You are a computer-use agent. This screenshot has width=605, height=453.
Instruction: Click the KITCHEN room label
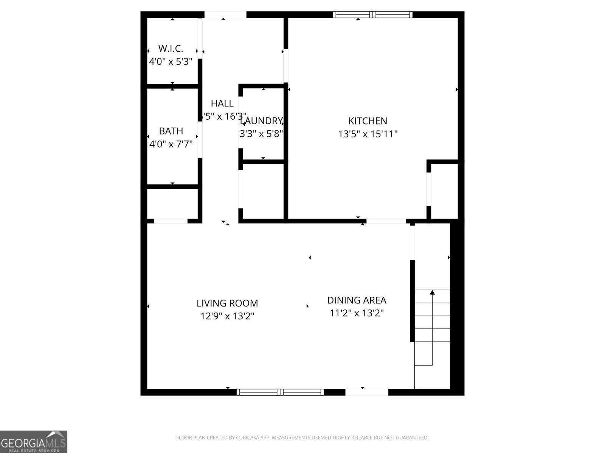(x=368, y=121)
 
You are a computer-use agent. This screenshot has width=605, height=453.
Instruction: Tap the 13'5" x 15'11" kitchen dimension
(x=368, y=134)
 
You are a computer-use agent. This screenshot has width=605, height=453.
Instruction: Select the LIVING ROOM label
(x=227, y=303)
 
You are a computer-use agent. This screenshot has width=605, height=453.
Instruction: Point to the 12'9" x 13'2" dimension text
(x=227, y=316)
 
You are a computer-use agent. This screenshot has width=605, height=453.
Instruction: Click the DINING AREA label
(x=357, y=300)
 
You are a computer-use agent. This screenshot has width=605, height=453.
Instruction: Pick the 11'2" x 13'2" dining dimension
(x=357, y=313)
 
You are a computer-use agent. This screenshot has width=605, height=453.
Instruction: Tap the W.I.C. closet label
(x=171, y=48)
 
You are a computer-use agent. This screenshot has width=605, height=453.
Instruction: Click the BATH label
(x=171, y=131)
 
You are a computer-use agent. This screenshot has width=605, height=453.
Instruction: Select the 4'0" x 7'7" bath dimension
(x=171, y=144)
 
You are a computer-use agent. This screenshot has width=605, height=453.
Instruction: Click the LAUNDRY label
(x=261, y=121)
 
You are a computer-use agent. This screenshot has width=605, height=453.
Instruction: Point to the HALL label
(x=222, y=103)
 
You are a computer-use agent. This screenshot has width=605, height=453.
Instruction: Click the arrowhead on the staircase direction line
(x=432, y=292)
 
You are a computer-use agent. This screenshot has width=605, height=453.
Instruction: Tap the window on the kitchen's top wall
(x=372, y=15)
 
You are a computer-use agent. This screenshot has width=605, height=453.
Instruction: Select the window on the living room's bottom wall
(x=280, y=392)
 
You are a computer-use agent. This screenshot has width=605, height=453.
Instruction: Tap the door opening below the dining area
(x=366, y=392)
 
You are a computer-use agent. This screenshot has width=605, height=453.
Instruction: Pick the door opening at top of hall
(x=225, y=15)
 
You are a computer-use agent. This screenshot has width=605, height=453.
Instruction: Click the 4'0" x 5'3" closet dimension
(x=171, y=62)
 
